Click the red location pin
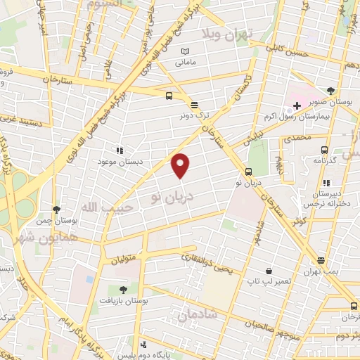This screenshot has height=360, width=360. [x=181, y=165]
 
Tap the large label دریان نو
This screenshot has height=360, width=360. [x=169, y=198]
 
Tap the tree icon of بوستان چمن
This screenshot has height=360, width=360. [x=56, y=210]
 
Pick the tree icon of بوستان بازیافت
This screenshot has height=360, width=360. [x=124, y=289]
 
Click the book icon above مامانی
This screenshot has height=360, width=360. [x=185, y=52]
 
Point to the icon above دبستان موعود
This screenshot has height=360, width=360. [x=120, y=150]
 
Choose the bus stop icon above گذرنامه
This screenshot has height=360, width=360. [x=324, y=149]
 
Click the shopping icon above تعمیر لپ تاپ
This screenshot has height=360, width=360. [x=269, y=271]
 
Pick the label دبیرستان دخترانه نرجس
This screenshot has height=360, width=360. [x=328, y=198]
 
